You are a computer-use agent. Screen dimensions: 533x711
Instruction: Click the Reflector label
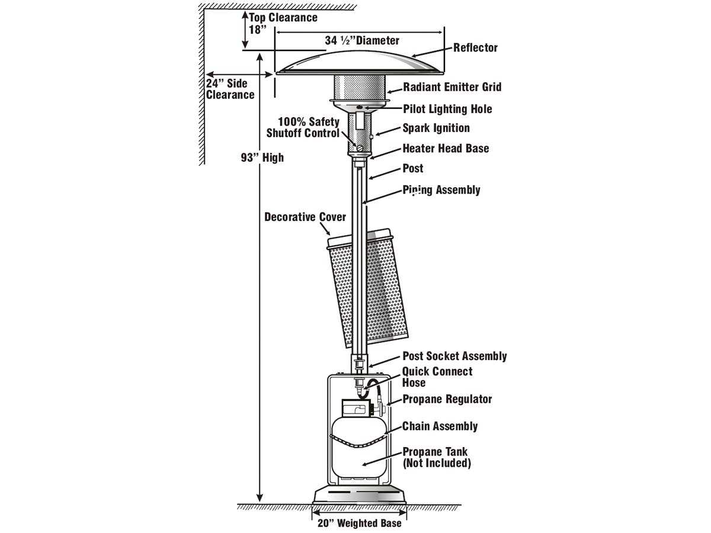point(475,48)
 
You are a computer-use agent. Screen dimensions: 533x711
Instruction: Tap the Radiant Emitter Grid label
point(452,87)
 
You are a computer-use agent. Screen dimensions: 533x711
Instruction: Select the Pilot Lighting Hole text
point(447,109)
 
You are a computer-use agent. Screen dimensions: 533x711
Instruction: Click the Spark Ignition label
point(436,128)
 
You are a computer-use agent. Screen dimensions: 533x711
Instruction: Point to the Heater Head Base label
point(446,148)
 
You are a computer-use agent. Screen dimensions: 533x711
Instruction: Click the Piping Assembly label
point(441,190)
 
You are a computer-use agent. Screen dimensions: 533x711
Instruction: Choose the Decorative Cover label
point(305,217)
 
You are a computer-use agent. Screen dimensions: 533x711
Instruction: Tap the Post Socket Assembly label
point(454,356)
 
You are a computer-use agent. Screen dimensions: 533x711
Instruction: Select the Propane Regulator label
point(447,399)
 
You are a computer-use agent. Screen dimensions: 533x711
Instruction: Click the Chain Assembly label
point(440,426)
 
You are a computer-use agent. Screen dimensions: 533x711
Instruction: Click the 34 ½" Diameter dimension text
point(362,41)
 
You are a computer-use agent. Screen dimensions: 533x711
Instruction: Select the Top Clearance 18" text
point(283,23)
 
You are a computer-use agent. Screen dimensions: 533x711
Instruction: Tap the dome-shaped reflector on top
point(359,63)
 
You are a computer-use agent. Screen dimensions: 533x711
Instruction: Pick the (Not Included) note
point(437,463)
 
